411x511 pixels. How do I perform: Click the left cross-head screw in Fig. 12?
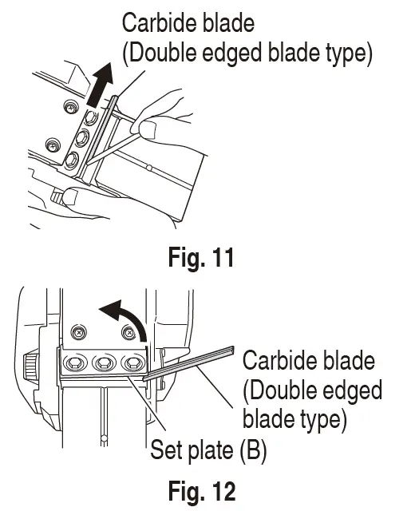pos(77,331)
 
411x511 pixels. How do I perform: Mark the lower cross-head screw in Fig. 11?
pos(53,145)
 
